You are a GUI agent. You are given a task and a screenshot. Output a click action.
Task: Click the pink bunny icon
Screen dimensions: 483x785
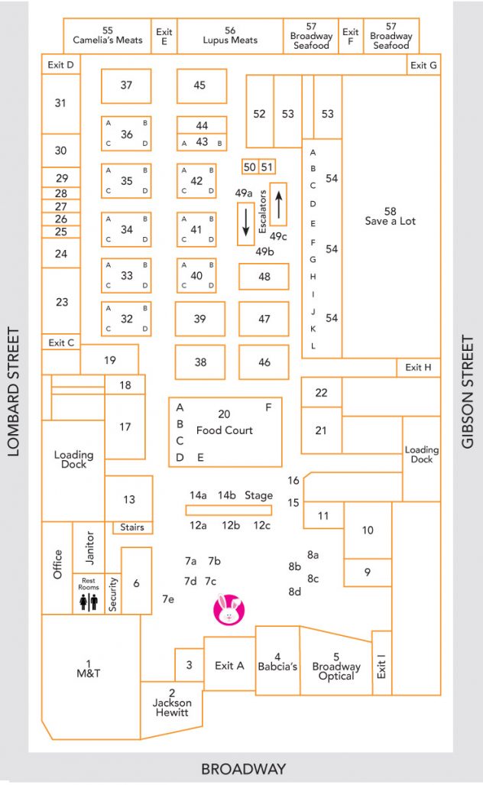point(229,608)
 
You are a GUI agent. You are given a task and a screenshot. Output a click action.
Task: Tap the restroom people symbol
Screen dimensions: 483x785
point(89,602)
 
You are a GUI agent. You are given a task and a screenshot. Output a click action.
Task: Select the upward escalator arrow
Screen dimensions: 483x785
point(279,204)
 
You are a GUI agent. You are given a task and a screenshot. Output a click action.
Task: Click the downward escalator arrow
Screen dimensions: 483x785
point(245,222)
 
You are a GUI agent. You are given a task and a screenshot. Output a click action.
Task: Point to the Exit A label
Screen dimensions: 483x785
point(229,665)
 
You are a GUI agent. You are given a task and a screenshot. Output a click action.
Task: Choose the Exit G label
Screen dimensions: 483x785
point(423,65)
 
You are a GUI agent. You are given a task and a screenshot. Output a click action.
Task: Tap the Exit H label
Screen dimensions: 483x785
point(418,367)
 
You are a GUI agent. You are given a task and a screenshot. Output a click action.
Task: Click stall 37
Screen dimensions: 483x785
point(126,86)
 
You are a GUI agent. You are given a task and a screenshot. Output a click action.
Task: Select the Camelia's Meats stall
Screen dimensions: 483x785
point(108,36)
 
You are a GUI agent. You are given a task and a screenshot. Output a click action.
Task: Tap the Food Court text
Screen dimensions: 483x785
point(224,430)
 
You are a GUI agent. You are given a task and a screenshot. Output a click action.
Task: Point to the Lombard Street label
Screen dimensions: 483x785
point(14,392)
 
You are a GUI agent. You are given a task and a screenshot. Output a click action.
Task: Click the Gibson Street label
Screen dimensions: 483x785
point(467,392)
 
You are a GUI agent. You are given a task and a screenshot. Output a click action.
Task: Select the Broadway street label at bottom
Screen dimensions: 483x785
point(243,769)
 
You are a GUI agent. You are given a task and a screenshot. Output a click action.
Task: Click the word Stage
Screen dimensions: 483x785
point(258,495)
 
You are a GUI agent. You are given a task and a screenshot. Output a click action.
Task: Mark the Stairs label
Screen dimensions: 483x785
point(132,527)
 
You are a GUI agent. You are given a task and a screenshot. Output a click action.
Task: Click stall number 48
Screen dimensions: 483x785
point(264,277)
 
